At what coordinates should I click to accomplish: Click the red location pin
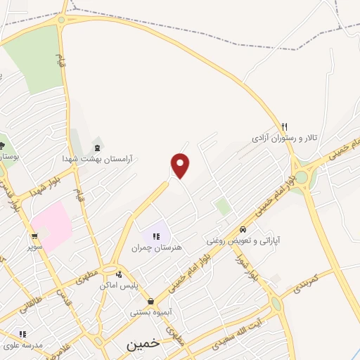tap(181, 165)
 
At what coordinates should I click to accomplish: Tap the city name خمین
tap(143, 345)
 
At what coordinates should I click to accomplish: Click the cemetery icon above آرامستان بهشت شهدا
tap(97, 148)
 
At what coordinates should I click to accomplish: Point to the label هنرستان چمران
tap(156, 247)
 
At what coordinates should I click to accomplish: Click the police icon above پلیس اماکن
tap(120, 275)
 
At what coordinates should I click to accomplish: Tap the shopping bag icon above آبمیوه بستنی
tap(151, 301)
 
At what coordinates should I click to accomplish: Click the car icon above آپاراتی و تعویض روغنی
tap(242, 229)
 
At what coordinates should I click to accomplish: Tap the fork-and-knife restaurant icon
tap(284, 127)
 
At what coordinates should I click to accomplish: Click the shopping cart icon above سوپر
tap(34, 236)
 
